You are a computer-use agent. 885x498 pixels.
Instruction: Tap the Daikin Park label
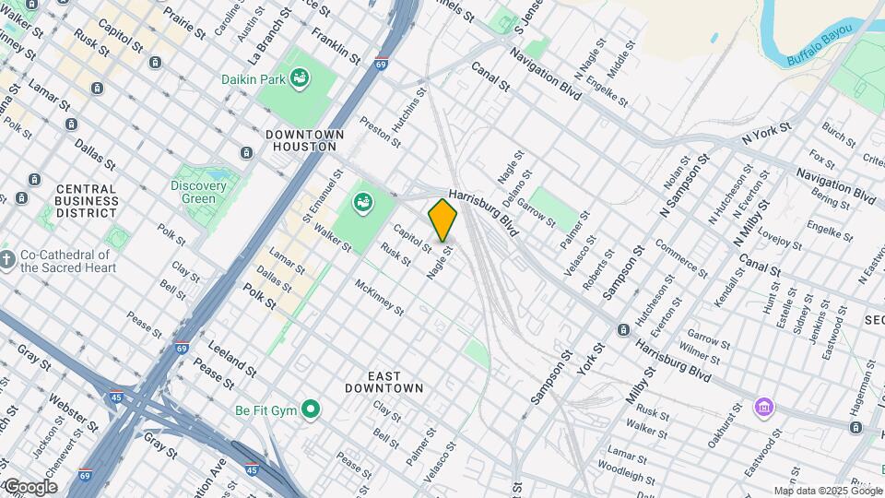pyautogui.click(x=254, y=80)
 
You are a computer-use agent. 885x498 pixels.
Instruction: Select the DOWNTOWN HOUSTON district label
pyautogui.click(x=304, y=141)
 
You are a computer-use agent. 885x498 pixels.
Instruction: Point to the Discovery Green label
pyautogui.click(x=198, y=192)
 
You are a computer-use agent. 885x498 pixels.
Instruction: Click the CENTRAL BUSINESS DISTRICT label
pyautogui.click(x=86, y=201)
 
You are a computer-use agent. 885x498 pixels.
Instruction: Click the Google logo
pyautogui.click(x=30, y=487)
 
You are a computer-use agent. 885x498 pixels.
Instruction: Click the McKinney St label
pyautogui.click(x=380, y=297)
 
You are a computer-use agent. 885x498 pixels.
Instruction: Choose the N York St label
pyautogui.click(x=767, y=134)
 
